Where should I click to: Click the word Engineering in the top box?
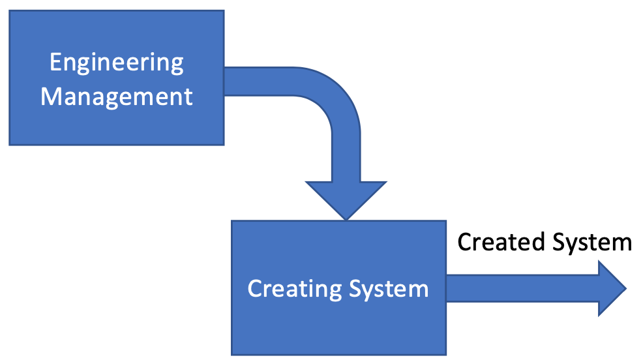point(117,63)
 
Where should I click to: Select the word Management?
point(117,97)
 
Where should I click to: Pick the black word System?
point(591,242)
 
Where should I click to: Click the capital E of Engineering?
point(55,63)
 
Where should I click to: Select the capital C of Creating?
point(255,288)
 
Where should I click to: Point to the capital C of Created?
point(465,242)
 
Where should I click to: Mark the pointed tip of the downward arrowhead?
point(346,219)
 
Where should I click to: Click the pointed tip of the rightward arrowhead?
point(625,289)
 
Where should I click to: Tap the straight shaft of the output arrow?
point(522,289)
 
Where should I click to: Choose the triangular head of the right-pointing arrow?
point(610,289)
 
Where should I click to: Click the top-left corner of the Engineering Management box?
point(10,11)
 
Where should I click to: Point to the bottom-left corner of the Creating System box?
point(232,354)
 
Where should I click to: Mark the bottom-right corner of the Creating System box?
point(446,354)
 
